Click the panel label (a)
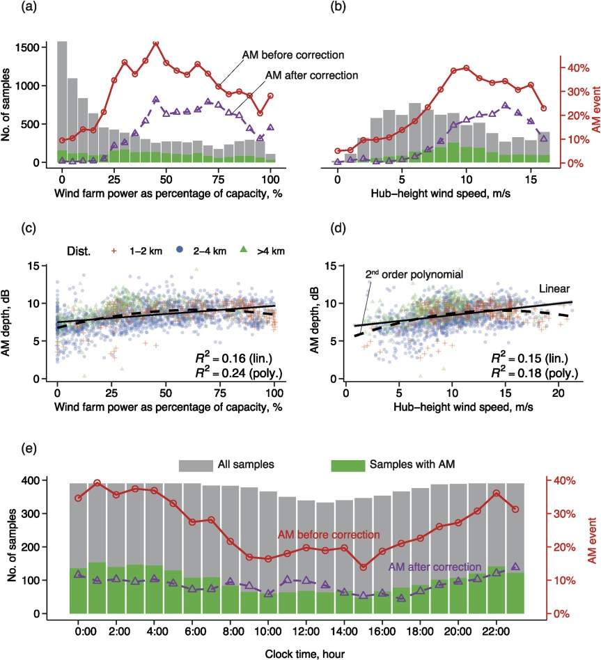coord(10,10)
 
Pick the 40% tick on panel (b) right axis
coord(577,68)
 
